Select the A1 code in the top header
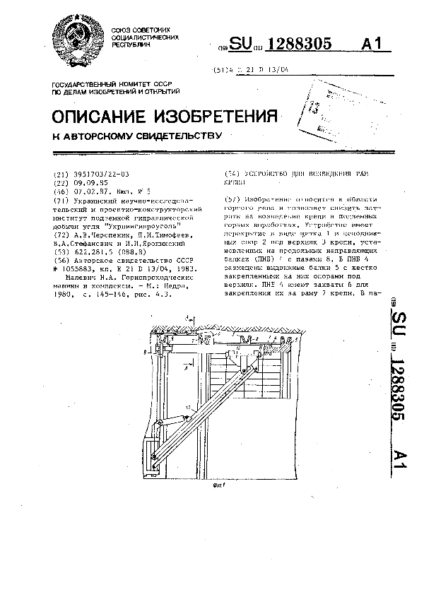[375, 45]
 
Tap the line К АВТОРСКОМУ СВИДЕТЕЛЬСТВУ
[138, 136]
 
